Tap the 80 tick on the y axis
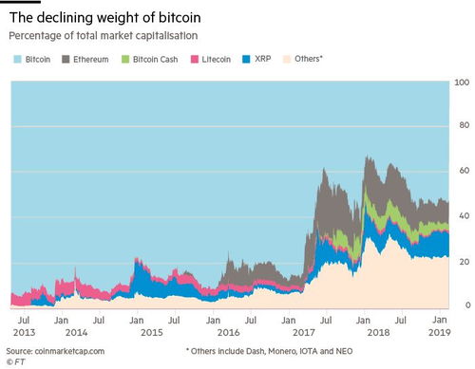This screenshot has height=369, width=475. click(x=464, y=125)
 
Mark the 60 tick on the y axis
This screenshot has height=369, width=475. click(x=464, y=171)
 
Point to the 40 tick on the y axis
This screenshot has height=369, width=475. click(x=464, y=216)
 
